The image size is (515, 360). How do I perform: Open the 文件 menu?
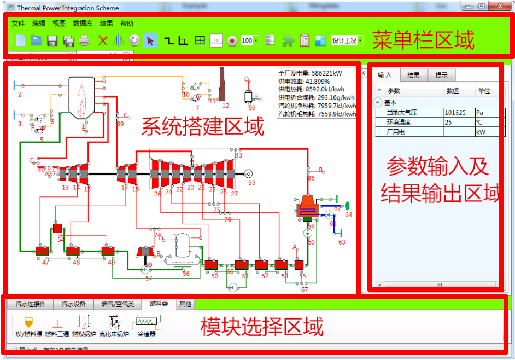click(18, 24)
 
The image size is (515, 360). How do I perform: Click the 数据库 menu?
click(83, 24)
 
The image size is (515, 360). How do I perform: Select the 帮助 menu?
click(126, 24)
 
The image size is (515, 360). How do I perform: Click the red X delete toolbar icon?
click(102, 40)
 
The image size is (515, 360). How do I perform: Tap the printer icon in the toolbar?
click(84, 40)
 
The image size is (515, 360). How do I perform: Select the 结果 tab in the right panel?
click(413, 76)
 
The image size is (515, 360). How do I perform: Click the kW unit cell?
click(481, 132)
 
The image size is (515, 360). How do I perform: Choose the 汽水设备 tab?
click(73, 304)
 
